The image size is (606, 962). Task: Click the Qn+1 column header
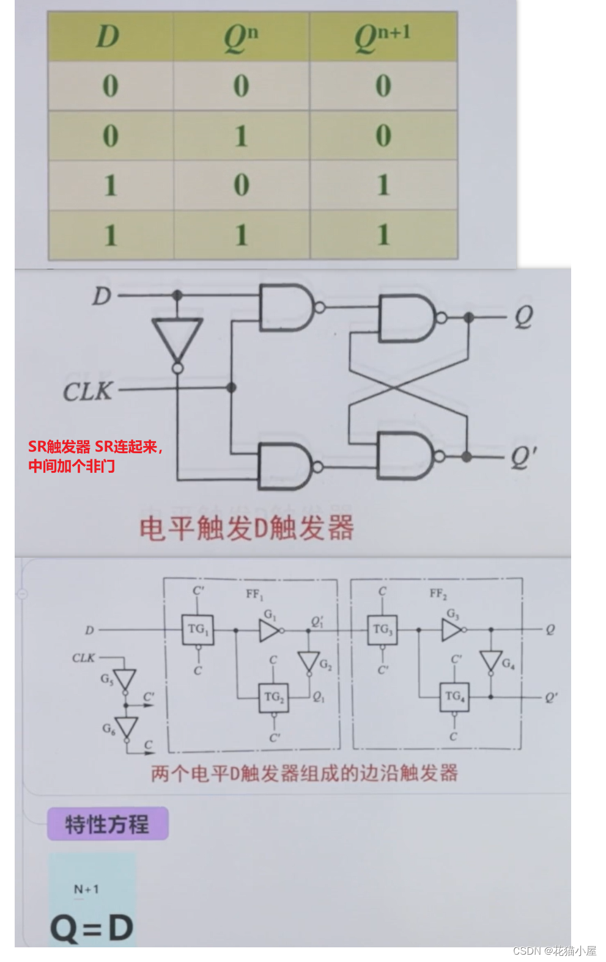click(383, 37)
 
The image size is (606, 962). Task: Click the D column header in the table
click(108, 37)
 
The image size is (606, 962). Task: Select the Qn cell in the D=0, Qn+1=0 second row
click(242, 136)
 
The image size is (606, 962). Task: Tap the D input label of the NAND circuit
click(102, 296)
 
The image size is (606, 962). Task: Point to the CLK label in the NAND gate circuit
click(88, 391)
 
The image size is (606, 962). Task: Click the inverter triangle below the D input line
click(177, 338)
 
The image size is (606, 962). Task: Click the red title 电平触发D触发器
click(246, 528)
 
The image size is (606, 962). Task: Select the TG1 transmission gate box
click(198, 630)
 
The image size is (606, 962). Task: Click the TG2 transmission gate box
click(273, 697)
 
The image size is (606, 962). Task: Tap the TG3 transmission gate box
click(382, 630)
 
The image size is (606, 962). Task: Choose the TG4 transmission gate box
click(454, 697)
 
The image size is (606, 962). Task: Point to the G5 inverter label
click(107, 679)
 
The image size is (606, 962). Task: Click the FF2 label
click(438, 594)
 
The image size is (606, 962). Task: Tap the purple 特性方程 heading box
click(108, 825)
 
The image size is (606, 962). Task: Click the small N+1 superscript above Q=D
click(86, 889)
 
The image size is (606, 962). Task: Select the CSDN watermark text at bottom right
click(554, 951)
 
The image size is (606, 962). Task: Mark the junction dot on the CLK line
click(231, 387)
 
